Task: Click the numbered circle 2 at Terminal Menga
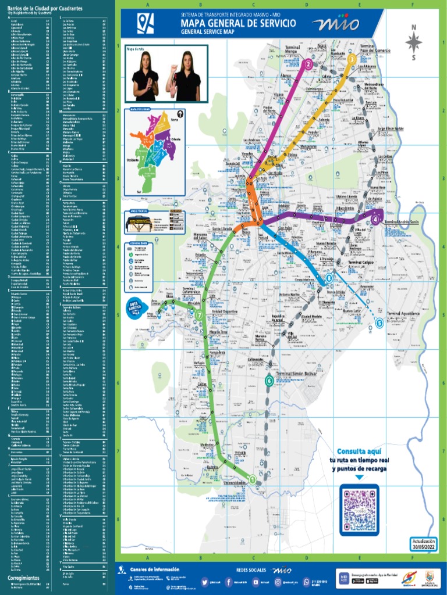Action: click(308, 64)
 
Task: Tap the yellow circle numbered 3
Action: click(352, 59)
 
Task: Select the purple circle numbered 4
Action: click(376, 219)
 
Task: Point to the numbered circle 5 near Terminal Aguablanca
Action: click(379, 323)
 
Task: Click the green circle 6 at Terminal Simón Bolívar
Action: click(268, 381)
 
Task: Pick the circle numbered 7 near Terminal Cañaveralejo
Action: click(199, 315)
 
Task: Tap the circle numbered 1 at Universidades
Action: click(252, 479)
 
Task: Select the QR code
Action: click(361, 509)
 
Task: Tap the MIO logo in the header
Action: click(335, 23)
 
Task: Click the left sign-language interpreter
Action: click(145, 76)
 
